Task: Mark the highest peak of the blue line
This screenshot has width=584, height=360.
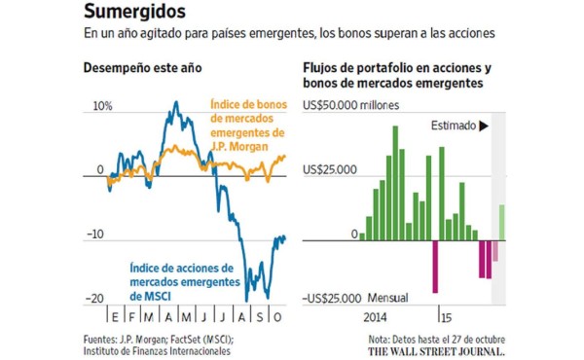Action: (x=176, y=102)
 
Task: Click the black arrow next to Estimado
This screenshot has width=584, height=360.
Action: (x=484, y=126)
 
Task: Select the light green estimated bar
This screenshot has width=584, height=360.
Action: (x=502, y=220)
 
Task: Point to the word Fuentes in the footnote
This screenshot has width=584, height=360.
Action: (x=102, y=339)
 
